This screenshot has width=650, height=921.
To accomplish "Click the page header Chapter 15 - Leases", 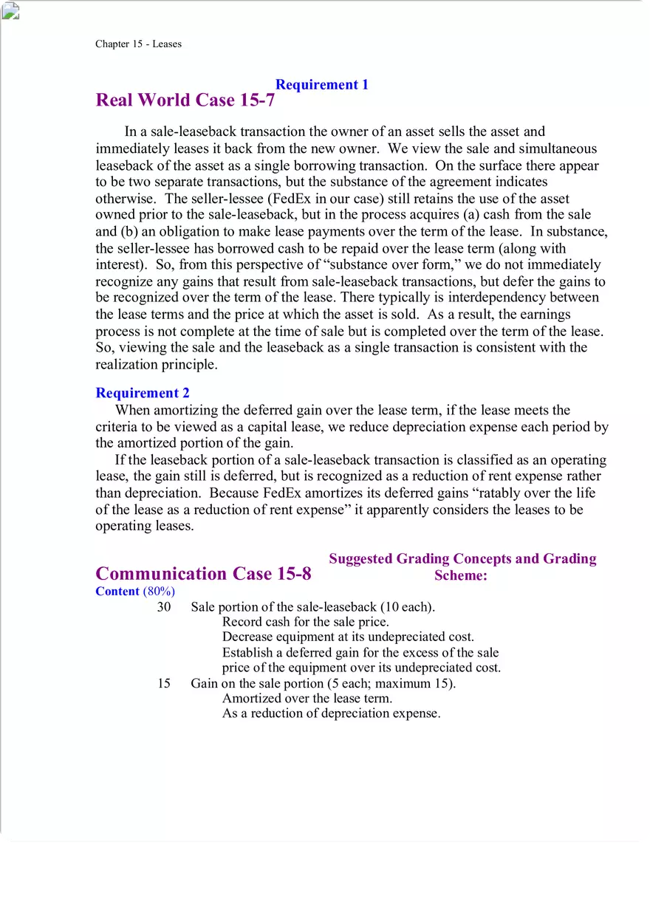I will (138, 44).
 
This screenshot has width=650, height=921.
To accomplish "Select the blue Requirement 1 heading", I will (321, 84).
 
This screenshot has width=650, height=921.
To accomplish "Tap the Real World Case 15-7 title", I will (185, 100).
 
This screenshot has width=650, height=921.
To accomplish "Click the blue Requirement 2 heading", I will (143, 393).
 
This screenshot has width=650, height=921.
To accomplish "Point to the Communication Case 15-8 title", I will (203, 574).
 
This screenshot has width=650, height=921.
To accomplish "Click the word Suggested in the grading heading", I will (362, 558).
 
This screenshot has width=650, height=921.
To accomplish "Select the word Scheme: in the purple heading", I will (461, 576).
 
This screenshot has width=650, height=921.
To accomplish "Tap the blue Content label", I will (117, 591).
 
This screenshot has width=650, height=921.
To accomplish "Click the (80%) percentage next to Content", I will (159, 591).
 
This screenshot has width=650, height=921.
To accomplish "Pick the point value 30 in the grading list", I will (164, 606).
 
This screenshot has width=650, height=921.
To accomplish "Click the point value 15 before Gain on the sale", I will (164, 683).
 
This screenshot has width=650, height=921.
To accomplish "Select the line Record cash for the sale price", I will (305, 622).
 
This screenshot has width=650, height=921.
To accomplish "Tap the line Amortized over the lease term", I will (307, 698).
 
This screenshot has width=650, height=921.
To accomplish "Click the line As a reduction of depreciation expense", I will (331, 713).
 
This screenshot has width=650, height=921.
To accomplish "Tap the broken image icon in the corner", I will (10, 10).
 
